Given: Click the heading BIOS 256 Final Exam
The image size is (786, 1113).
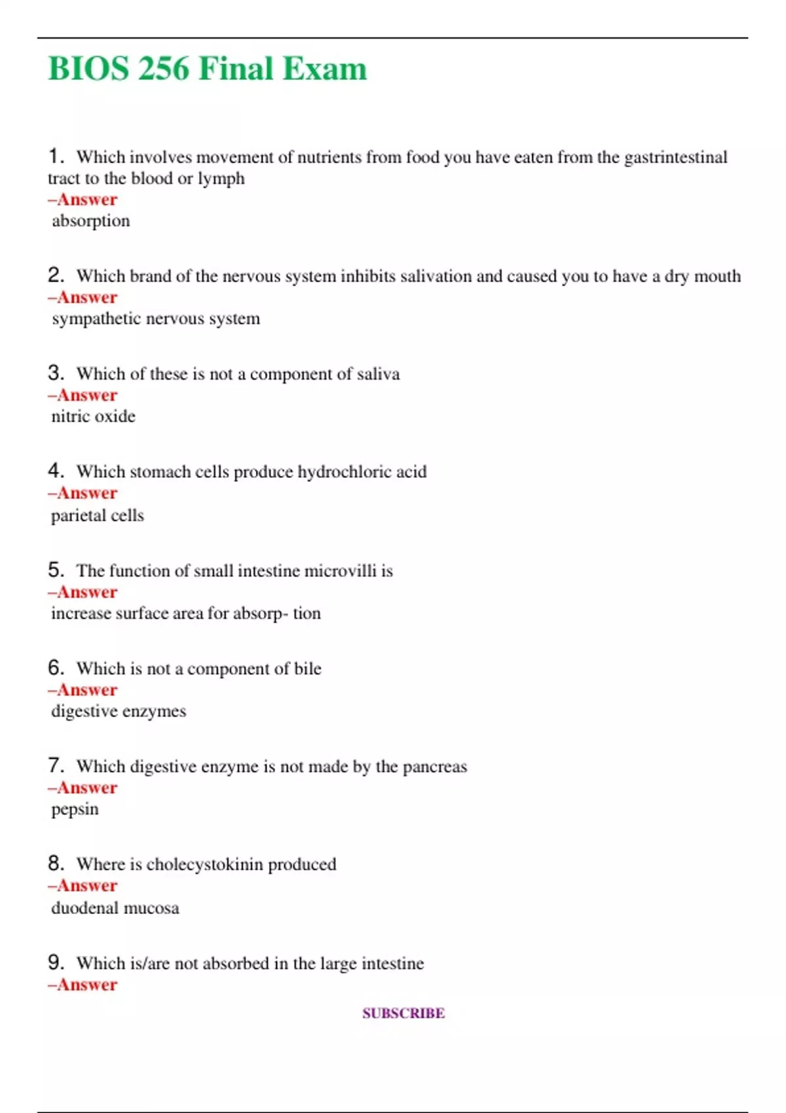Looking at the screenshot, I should pyautogui.click(x=208, y=69).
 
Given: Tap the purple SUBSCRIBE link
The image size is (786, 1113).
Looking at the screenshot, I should pyautogui.click(x=403, y=1013).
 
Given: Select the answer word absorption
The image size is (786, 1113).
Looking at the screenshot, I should pyautogui.click(x=91, y=221).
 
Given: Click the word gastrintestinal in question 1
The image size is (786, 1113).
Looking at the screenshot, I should pyautogui.click(x=675, y=157).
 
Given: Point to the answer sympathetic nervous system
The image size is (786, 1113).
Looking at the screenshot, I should pyautogui.click(x=156, y=319).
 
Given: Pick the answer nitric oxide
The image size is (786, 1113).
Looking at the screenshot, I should pyautogui.click(x=94, y=416).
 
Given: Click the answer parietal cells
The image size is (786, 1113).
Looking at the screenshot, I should pyautogui.click(x=98, y=515).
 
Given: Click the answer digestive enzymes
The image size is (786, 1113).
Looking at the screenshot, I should pyautogui.click(x=119, y=711).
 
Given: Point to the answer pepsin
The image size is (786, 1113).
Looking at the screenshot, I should pyautogui.click(x=75, y=809).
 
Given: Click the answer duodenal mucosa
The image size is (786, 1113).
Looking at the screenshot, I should pyautogui.click(x=115, y=908).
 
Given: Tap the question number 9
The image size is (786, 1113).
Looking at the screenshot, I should pyautogui.click(x=56, y=962).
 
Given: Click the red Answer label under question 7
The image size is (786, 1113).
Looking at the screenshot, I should pyautogui.click(x=83, y=788).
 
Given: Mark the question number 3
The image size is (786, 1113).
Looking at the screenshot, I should pyautogui.click(x=56, y=373).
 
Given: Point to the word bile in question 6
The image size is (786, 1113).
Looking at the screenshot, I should pyautogui.click(x=307, y=668).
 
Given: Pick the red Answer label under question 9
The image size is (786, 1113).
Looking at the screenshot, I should pyautogui.click(x=83, y=985).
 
